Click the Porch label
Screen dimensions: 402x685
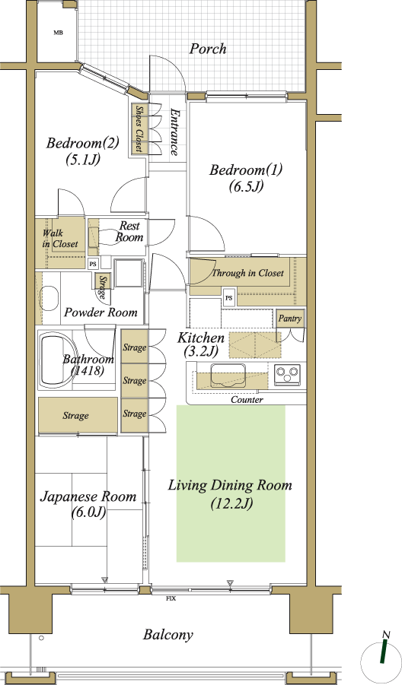(208, 49)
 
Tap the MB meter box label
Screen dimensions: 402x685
(58, 33)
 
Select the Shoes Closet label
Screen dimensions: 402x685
(139, 129)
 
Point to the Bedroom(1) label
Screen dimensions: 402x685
(246, 170)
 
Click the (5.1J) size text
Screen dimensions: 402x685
(83, 160)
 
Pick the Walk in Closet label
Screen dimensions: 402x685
(60, 239)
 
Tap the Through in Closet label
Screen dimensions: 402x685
(248, 273)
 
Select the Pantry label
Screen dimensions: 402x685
(289, 319)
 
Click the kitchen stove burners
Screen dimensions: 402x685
(287, 374)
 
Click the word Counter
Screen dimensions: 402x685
(247, 400)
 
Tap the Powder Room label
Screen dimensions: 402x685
(100, 312)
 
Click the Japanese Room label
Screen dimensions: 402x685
(88, 496)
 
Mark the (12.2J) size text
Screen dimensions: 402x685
(231, 504)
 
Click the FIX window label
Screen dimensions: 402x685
(171, 598)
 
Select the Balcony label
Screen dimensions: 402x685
(168, 635)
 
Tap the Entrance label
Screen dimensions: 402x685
(174, 132)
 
